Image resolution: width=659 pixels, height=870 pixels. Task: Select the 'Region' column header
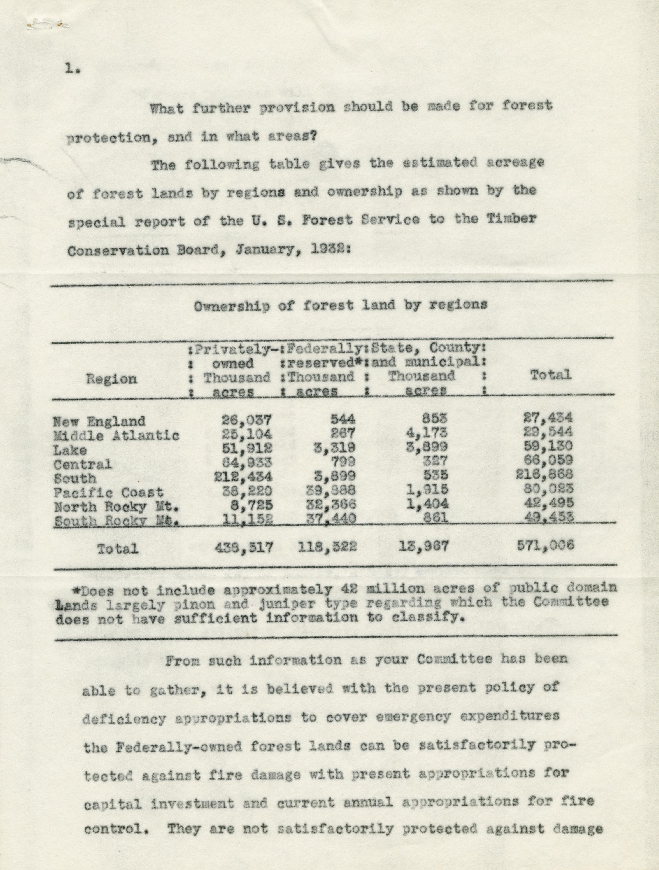coord(111,379)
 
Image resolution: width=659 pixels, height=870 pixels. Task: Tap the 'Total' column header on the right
coord(550,375)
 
